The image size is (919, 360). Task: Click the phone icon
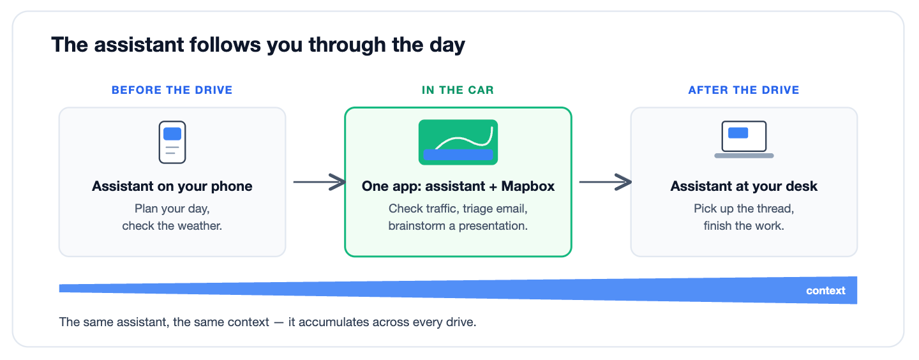click(172, 142)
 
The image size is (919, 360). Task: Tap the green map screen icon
click(458, 142)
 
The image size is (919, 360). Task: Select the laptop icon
click(744, 140)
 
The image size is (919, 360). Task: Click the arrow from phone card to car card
click(319, 182)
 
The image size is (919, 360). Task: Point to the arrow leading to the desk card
click(605, 182)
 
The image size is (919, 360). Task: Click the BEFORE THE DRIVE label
click(172, 90)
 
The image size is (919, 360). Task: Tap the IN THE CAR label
click(458, 90)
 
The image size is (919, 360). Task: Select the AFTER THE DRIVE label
click(744, 90)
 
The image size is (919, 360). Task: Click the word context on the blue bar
click(825, 290)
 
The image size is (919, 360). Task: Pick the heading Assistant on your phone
click(172, 186)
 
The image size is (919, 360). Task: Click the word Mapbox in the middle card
click(528, 186)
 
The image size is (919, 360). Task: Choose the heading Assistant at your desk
click(744, 186)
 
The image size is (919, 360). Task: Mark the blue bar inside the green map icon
click(458, 154)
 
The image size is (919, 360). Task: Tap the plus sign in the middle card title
click(493, 187)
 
